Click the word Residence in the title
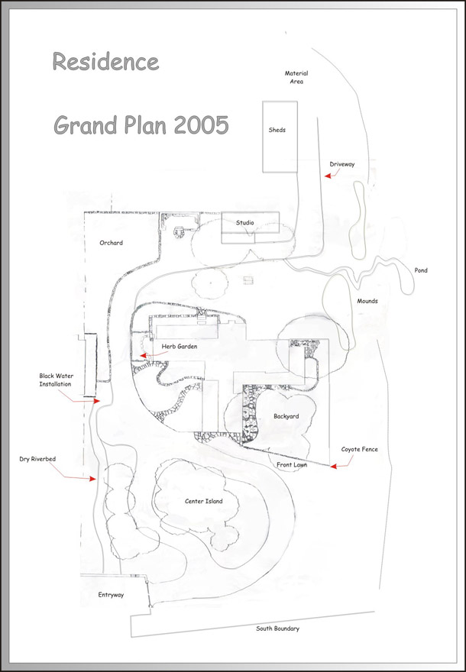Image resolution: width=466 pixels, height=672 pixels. tap(105, 61)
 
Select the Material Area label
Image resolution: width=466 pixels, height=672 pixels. tap(296, 77)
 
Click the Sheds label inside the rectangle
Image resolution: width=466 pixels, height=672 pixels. tap(277, 130)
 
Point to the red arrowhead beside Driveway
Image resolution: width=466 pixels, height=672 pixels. tap(328, 176)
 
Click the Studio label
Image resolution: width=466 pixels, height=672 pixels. tap(244, 222)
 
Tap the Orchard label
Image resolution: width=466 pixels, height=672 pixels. tap(111, 243)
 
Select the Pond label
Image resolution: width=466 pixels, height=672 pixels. tap(421, 270)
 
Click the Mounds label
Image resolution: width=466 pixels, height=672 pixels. tap(367, 301)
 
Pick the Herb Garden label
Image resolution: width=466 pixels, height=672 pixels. tap(180, 346)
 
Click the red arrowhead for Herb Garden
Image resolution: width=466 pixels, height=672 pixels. tap(143, 355)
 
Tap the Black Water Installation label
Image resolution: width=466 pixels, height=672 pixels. tap(56, 380)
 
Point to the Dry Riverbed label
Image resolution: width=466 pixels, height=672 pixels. tap(37, 459)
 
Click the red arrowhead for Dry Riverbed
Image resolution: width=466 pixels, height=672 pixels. tap(92, 478)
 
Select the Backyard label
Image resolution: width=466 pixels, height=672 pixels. tap(286, 416)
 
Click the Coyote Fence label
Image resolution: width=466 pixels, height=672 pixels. tap(359, 449)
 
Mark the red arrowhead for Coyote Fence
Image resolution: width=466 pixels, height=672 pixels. tap(333, 466)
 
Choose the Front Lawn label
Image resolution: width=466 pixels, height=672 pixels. tap(292, 464)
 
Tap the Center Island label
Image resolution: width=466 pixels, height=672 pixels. tap(204, 501)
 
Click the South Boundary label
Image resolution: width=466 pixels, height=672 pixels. tap(277, 628)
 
